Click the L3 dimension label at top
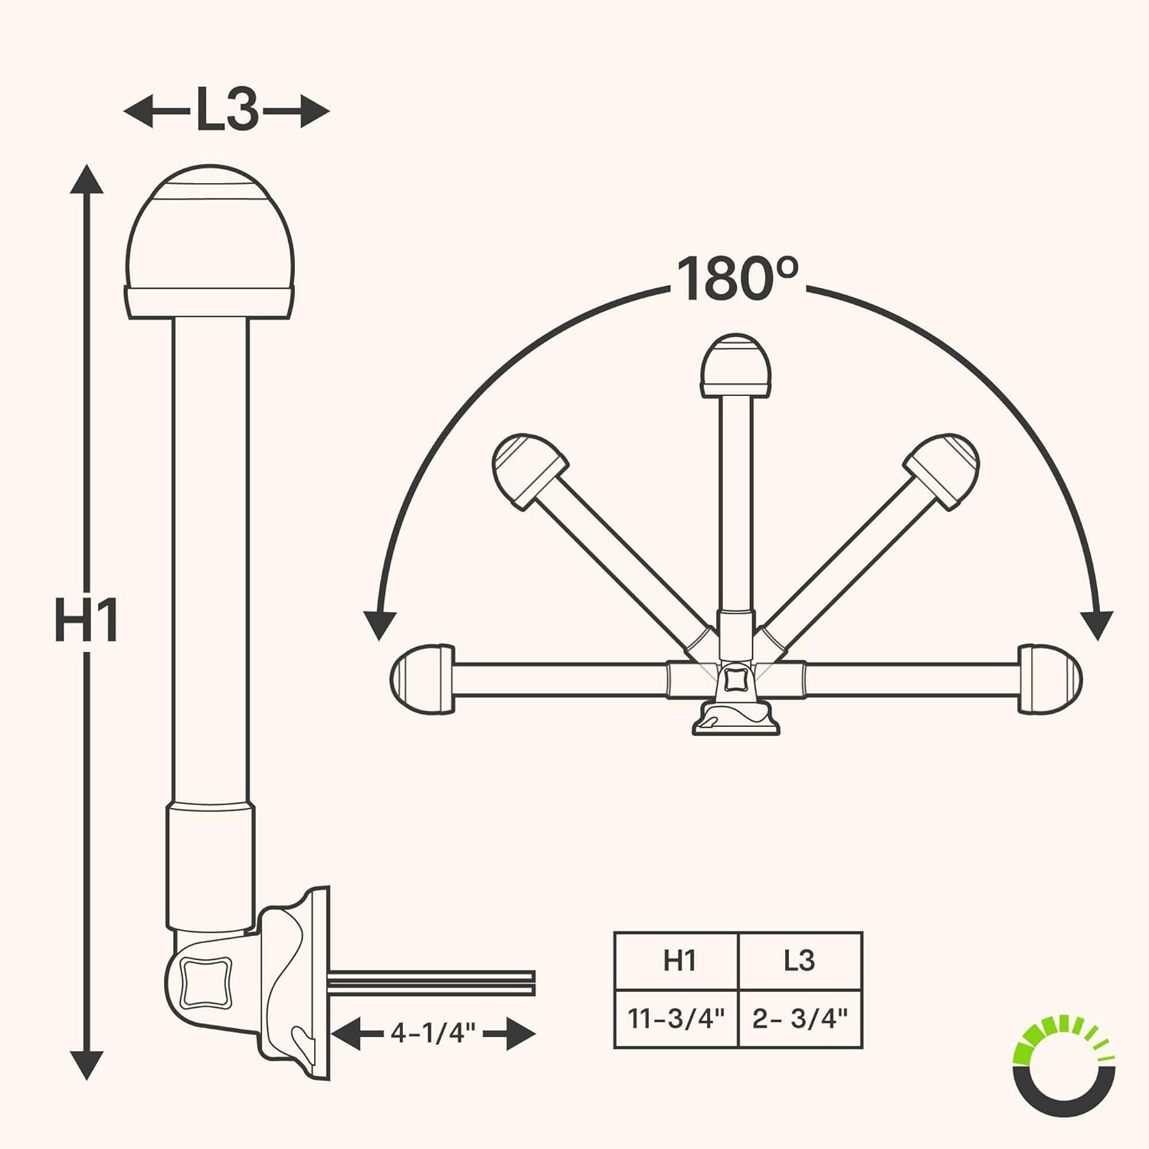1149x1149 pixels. click(227, 110)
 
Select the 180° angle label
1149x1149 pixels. click(738, 278)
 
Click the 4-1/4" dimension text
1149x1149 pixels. click(433, 1033)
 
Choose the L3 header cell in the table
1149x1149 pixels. click(800, 961)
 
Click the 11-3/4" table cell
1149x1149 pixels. click(676, 1018)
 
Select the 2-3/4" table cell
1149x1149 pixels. click(800, 1018)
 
